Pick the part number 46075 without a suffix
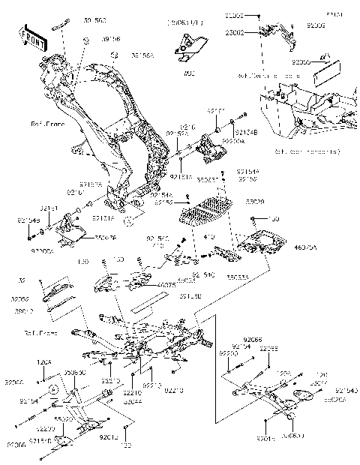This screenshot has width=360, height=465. pos(166,284)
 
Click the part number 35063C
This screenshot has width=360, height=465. pos(75,372)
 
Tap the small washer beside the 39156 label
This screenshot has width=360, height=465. pos(87,38)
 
